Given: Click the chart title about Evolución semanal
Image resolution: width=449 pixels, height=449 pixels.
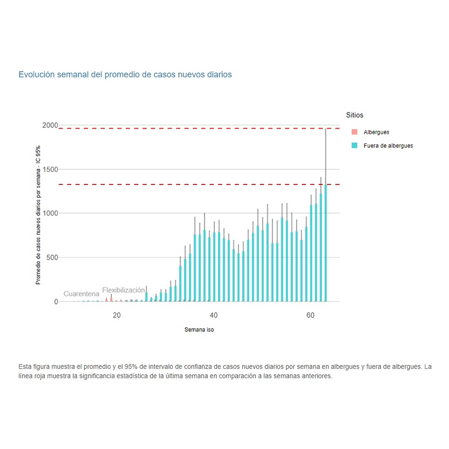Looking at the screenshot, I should [x=125, y=74].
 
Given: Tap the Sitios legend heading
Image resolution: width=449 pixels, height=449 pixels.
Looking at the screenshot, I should [x=355, y=115].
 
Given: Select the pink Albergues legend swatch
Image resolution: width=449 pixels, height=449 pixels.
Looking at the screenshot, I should [x=354, y=133].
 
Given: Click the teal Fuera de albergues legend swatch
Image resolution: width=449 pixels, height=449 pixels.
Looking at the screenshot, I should [x=354, y=146].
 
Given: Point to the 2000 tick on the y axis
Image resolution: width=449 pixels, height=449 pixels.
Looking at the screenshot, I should [x=50, y=125].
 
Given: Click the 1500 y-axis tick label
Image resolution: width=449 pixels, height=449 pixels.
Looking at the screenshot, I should [x=50, y=169].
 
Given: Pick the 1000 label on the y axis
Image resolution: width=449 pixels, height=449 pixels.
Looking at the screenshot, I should [x=50, y=213].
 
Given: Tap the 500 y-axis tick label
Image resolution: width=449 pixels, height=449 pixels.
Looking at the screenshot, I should [x=52, y=257].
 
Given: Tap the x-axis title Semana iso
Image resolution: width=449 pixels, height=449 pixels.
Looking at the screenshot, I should [x=199, y=330].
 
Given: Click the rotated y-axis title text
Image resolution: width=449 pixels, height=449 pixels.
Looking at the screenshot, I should [x=38, y=214].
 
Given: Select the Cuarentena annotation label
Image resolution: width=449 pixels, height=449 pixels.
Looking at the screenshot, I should [x=82, y=294].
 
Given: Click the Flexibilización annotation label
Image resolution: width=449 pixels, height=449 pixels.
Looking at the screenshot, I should [x=123, y=290].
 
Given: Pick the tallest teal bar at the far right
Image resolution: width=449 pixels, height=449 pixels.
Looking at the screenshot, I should [x=326, y=243].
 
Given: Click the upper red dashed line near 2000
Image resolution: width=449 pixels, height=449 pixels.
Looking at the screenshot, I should [x=196, y=128].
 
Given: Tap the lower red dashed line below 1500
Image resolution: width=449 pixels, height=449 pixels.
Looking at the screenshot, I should [x=196, y=184].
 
